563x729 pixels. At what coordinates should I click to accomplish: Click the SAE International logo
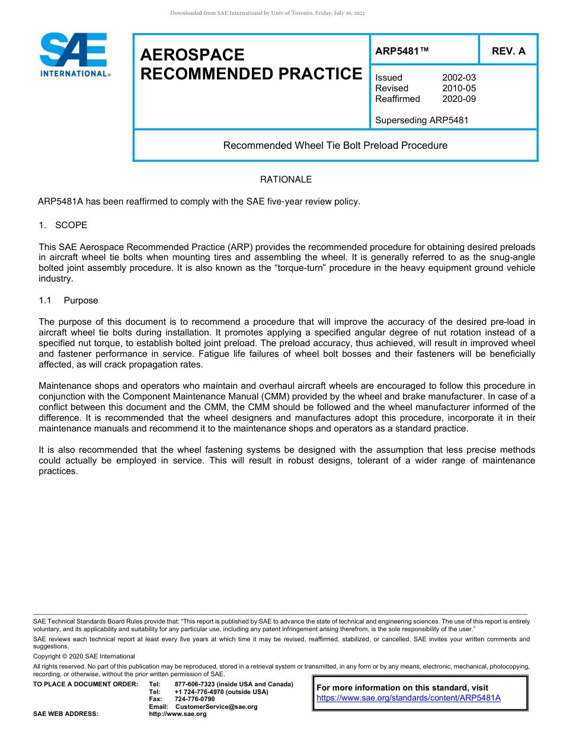[74, 55]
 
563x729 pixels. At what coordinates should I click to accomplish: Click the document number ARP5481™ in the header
[402, 51]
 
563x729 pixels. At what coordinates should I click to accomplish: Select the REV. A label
[508, 51]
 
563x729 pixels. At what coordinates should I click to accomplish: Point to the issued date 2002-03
[459, 78]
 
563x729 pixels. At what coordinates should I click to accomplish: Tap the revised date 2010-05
[459, 88]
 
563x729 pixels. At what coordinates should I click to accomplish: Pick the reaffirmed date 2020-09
[459, 99]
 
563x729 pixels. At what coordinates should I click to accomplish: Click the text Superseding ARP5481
[421, 120]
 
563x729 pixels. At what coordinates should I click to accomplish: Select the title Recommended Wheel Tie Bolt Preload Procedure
[335, 145]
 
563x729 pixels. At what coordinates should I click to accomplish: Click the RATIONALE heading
[286, 180]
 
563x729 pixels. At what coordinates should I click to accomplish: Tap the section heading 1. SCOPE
[63, 225]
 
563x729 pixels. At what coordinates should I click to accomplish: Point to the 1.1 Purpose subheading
[69, 300]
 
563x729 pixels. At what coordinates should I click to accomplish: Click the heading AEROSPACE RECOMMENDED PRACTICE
[251, 64]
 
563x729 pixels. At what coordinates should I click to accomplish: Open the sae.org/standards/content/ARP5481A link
[408, 698]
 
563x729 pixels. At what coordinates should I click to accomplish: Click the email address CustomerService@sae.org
[216, 706]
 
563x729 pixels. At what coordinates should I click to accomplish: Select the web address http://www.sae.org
[177, 714]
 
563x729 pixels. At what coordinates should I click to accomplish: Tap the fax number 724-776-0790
[194, 699]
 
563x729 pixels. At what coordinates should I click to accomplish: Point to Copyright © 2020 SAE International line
[84, 656]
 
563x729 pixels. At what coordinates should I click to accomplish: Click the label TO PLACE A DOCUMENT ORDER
[86, 685]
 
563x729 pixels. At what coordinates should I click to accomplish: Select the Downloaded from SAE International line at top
[267, 12]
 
